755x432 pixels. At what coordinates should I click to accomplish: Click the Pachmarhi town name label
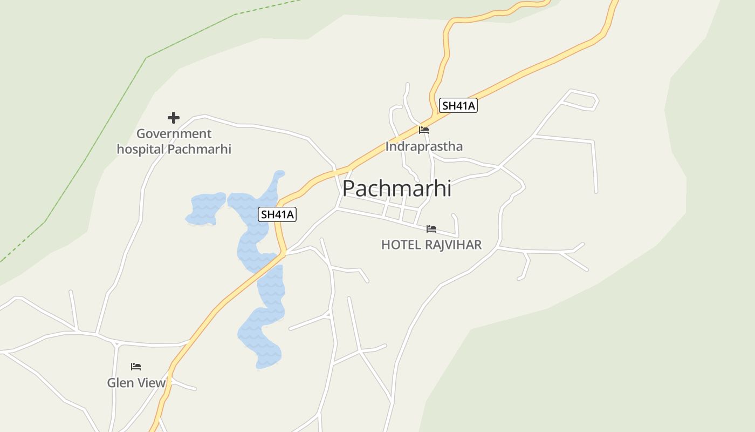(396, 188)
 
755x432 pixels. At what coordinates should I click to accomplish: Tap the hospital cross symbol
(173, 118)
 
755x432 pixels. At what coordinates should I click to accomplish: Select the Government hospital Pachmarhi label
(174, 141)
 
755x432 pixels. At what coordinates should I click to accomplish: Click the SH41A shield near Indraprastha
(458, 105)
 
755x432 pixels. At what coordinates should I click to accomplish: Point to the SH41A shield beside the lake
(278, 214)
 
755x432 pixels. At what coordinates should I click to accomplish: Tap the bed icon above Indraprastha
(424, 130)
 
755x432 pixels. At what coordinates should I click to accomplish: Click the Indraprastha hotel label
(424, 146)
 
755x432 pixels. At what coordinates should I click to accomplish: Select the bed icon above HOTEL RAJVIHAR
(431, 229)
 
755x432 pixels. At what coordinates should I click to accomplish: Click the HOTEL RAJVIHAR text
(431, 245)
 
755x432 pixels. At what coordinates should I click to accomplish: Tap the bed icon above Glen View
(136, 367)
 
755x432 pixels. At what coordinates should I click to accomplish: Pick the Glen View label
(136, 383)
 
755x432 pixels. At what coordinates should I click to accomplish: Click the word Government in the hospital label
(174, 134)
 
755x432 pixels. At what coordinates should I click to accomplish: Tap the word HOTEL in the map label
(401, 245)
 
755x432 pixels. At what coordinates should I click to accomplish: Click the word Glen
(120, 383)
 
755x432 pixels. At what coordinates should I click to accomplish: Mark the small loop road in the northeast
(581, 100)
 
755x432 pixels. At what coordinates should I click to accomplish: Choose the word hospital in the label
(140, 149)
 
